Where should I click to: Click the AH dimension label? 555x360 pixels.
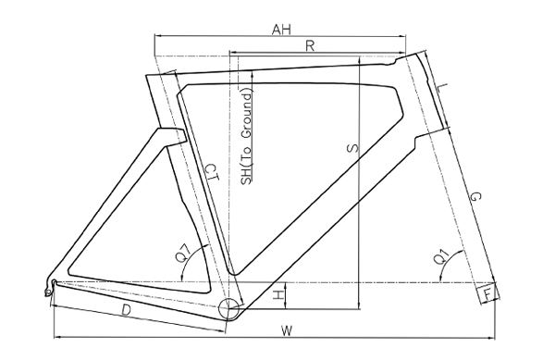pos(281,30)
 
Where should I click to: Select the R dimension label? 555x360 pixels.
pos(310,45)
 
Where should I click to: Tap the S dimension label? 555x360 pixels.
pos(352,148)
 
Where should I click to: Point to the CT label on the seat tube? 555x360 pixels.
pos(212,172)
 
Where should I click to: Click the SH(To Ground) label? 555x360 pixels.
pos(246,137)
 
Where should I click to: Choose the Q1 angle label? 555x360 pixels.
pos(441,256)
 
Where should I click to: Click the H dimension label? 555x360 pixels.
pos(279,294)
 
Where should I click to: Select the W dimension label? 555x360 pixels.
pos(287,331)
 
